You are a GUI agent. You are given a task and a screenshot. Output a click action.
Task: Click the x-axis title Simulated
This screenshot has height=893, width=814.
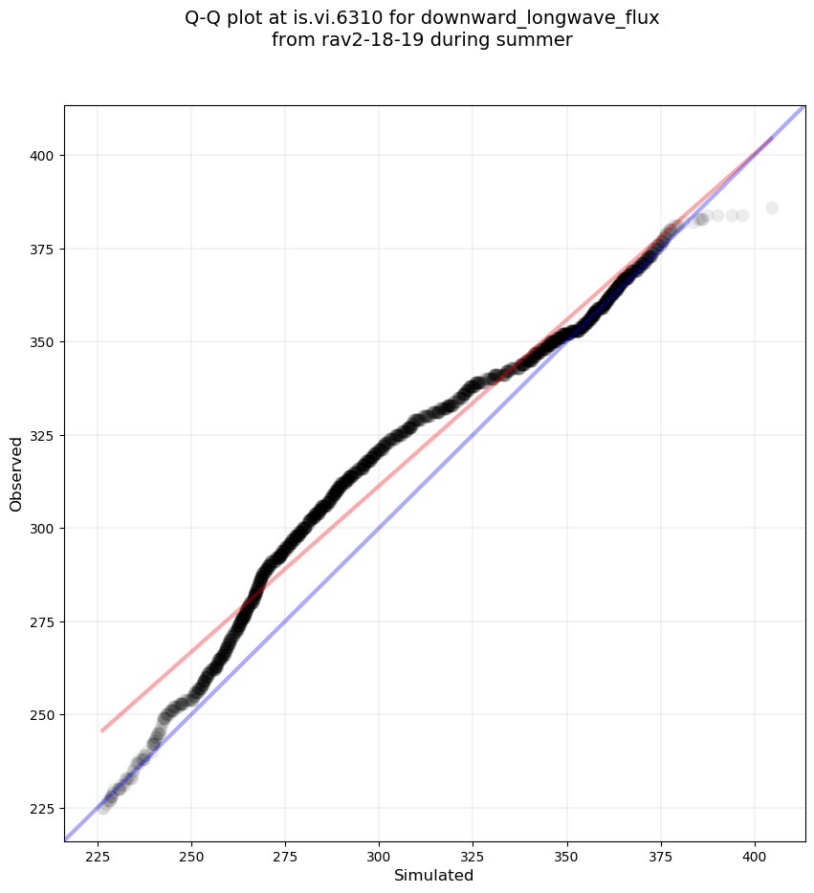(434, 875)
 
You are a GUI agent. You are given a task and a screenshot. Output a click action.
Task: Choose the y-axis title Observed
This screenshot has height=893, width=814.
(16, 473)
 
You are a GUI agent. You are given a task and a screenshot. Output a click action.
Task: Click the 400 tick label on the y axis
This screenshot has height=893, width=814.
(41, 156)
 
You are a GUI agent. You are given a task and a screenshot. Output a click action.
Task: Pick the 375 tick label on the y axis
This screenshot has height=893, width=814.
(41, 249)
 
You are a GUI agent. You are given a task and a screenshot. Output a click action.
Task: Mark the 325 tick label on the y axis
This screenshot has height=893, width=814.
(41, 435)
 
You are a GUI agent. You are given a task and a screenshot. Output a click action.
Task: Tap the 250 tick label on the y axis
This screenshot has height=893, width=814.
(41, 715)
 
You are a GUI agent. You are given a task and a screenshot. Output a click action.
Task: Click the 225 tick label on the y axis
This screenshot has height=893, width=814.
(41, 808)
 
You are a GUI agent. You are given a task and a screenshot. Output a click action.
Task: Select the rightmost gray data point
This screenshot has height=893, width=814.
(772, 207)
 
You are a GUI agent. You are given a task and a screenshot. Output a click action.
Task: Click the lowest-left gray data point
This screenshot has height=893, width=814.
(103, 807)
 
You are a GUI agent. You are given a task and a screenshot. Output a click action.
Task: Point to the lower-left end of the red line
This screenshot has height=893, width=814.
(102, 730)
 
